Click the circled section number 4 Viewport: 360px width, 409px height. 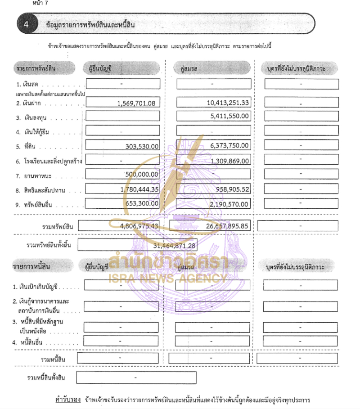tap(26, 24)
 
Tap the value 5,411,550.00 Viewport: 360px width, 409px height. tap(229, 116)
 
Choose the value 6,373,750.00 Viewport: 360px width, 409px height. tap(229, 145)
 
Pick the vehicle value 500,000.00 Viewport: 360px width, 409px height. tap(142, 175)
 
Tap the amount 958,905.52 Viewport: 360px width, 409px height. tap(232, 189)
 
